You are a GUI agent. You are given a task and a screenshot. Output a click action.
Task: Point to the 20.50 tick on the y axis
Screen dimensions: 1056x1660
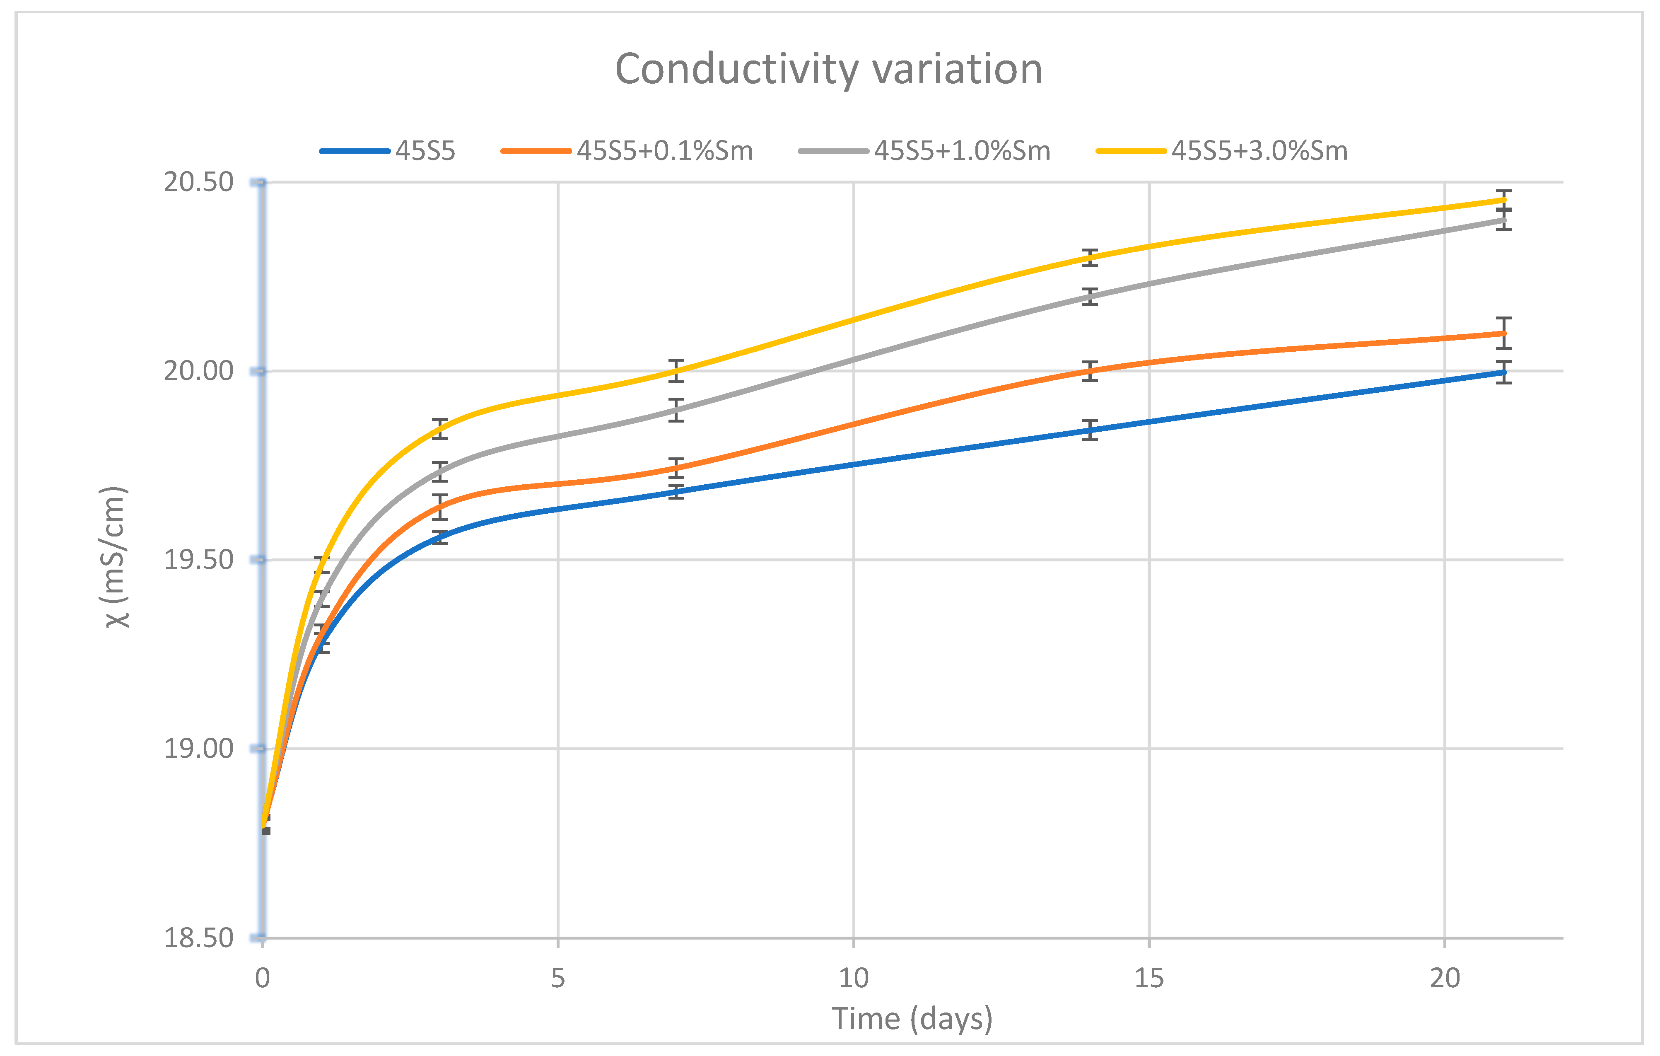pyautogui.click(x=198, y=182)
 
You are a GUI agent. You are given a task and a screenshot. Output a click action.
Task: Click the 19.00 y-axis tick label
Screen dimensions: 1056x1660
pyautogui.click(x=198, y=748)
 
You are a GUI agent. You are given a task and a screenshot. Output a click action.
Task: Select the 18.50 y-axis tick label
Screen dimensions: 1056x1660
pyautogui.click(x=198, y=938)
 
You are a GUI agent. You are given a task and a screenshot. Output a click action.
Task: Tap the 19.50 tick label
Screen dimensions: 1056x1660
pyautogui.click(x=198, y=559)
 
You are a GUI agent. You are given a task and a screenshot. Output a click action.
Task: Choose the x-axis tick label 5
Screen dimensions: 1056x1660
pyautogui.click(x=558, y=978)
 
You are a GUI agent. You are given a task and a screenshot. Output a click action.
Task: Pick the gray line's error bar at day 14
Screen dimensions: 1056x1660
pyautogui.click(x=1090, y=297)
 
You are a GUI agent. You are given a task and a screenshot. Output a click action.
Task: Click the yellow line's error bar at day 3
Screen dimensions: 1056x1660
pyautogui.click(x=440, y=428)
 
